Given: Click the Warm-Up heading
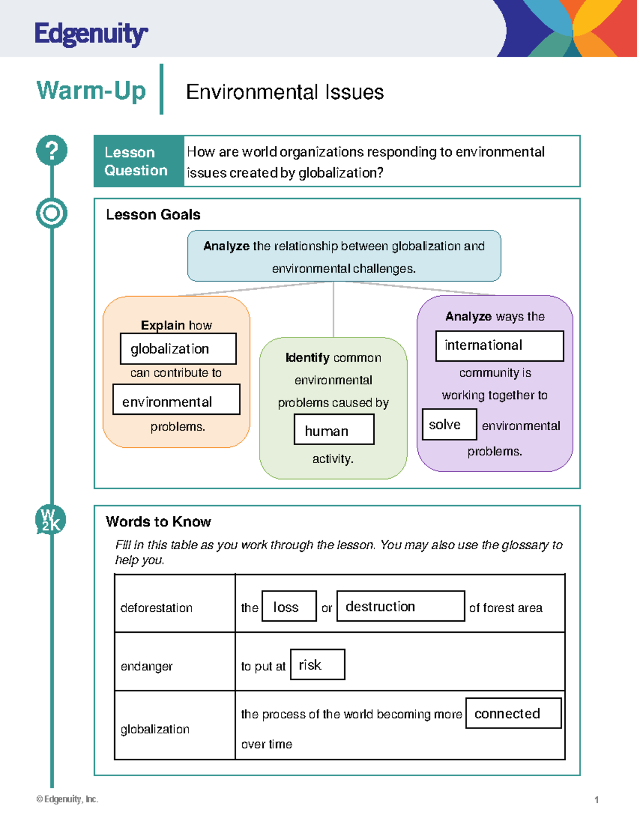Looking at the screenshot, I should coord(91,90).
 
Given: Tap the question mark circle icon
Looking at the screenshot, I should coord(51,150).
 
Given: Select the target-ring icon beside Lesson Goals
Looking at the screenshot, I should coord(51,213).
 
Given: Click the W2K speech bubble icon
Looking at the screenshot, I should coord(50,519).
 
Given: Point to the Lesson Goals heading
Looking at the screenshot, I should coord(153,214).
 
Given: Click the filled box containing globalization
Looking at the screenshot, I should coord(178,349).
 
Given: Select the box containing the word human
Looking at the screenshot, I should coord(334,429).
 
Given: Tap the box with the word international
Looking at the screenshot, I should coord(499,346).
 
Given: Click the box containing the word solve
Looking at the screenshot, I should coord(449,424).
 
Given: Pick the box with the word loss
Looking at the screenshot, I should coord(289,606).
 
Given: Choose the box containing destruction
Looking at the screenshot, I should coord(400,606).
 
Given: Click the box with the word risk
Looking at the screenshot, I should coord(317,664).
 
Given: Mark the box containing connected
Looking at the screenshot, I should coord(513,713).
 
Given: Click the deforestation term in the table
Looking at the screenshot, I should coord(156,608).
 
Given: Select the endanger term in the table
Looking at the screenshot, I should coord(147,666).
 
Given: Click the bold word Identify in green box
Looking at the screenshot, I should coord(307,358).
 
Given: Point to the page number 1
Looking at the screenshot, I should coord(597,800).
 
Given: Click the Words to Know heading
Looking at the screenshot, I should coord(158,522).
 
